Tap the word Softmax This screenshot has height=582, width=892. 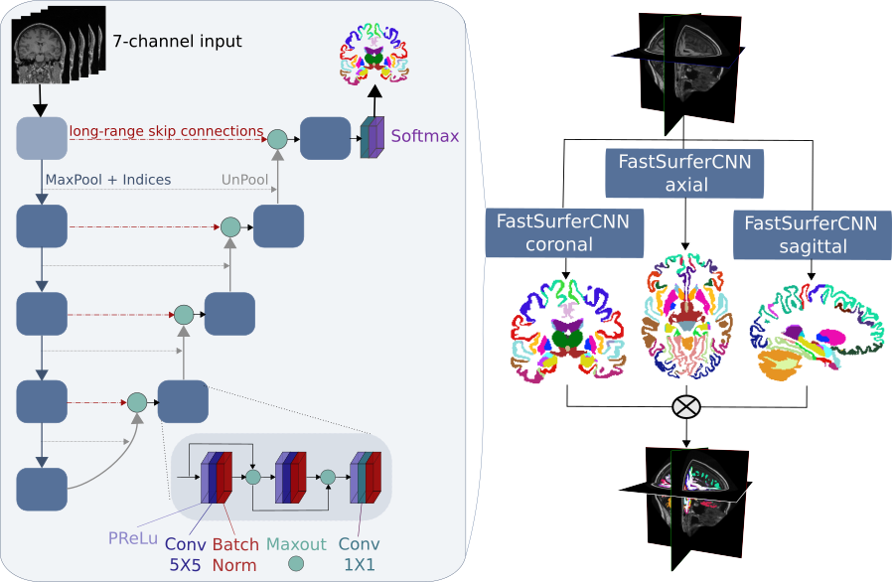[x=425, y=135]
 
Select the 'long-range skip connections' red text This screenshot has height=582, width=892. [x=166, y=130]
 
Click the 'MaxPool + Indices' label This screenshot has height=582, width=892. [x=108, y=180]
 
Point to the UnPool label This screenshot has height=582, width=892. [x=245, y=180]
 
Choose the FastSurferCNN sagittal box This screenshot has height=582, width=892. [x=811, y=234]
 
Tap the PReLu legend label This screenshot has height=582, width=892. [x=132, y=538]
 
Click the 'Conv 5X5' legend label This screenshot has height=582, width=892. [x=186, y=554]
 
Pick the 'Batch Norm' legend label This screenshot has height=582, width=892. [x=234, y=554]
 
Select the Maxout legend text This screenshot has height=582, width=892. [x=296, y=544]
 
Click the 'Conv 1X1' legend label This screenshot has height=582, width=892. [x=359, y=554]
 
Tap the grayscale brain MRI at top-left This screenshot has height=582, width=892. [x=42, y=55]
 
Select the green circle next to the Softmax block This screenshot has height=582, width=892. [x=277, y=140]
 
